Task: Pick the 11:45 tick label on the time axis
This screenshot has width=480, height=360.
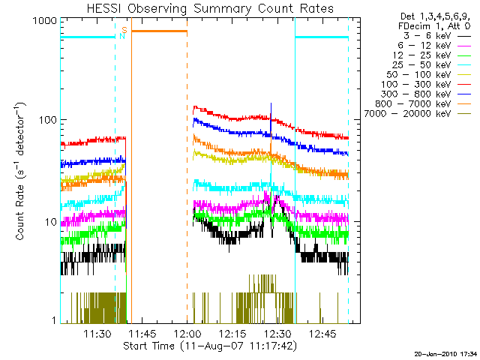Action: tap(142, 334)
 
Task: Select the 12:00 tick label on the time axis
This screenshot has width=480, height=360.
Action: tap(187, 334)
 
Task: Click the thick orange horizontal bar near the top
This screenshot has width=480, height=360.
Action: tap(159, 31)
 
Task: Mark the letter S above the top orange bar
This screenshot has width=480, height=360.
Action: tap(125, 29)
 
